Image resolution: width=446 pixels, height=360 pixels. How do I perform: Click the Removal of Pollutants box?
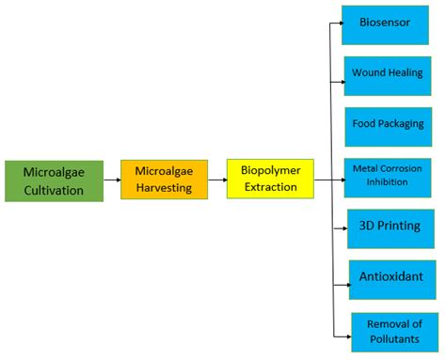click(394, 332)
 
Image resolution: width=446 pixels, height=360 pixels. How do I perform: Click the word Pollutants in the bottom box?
click(394, 339)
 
